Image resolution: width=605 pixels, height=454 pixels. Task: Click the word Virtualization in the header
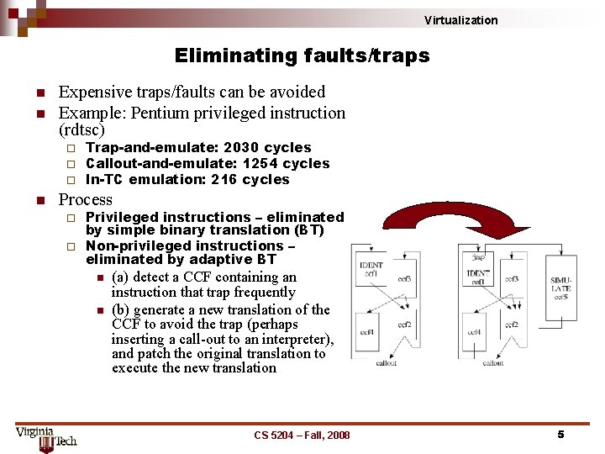(460, 20)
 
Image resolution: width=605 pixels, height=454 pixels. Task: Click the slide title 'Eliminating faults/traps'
(302, 56)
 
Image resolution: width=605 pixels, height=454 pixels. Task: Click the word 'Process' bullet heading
(85, 200)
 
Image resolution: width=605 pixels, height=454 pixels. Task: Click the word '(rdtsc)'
(82, 130)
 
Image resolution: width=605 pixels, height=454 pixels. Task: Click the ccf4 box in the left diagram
(368, 332)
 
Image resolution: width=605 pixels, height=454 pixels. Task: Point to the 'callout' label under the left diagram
(386, 363)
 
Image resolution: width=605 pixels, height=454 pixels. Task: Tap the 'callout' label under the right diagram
(493, 363)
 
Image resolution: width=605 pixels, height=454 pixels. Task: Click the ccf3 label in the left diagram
(404, 278)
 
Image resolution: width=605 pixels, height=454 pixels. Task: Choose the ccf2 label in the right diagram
(513, 325)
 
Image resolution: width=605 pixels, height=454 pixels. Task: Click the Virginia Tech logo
(46, 438)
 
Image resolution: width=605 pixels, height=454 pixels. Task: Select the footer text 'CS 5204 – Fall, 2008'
(302, 435)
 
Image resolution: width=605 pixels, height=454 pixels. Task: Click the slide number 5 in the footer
(560, 435)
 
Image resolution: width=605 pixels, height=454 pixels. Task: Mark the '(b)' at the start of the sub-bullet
(121, 309)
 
